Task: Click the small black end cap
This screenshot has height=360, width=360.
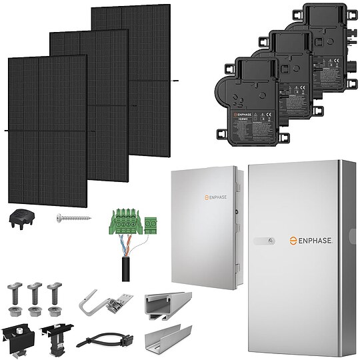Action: (x=22, y=217)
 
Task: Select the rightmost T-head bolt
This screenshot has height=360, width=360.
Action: (x=53, y=297)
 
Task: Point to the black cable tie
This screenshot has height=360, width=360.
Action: (x=100, y=338)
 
